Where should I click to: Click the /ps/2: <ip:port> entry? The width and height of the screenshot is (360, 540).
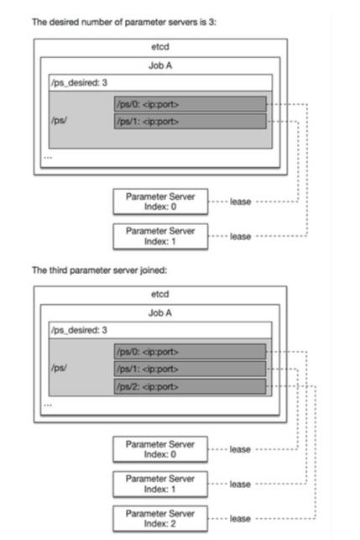coord(190,386)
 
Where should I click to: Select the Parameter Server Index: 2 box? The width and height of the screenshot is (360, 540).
coord(160,519)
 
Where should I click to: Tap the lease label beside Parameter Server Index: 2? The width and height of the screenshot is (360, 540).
coord(240,519)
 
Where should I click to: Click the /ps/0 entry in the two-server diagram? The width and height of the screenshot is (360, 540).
coord(190,104)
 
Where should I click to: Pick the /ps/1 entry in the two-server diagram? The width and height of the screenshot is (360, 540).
coord(190,121)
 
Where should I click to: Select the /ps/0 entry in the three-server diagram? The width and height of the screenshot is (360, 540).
coord(190,352)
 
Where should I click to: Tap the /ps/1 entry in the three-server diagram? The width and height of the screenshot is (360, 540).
coord(190,369)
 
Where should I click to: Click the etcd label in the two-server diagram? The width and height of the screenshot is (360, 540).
coord(160,47)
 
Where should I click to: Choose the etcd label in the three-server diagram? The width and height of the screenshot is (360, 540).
coord(160,294)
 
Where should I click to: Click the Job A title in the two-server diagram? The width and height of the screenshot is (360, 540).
coord(160,66)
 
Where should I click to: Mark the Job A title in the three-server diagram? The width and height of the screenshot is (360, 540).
coord(160,312)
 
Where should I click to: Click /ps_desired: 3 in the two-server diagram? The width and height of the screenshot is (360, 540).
coord(79,83)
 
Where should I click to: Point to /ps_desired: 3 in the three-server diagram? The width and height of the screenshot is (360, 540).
coord(79,330)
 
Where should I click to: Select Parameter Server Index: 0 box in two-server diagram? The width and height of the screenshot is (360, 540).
coord(160,202)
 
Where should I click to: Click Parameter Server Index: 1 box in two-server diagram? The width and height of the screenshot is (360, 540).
coord(160,236)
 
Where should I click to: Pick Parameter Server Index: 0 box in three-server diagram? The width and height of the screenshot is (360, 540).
coord(160,449)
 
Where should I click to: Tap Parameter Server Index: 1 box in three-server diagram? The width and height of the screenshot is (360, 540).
coord(160,484)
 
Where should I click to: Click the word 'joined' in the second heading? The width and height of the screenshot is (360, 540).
coord(154,270)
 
